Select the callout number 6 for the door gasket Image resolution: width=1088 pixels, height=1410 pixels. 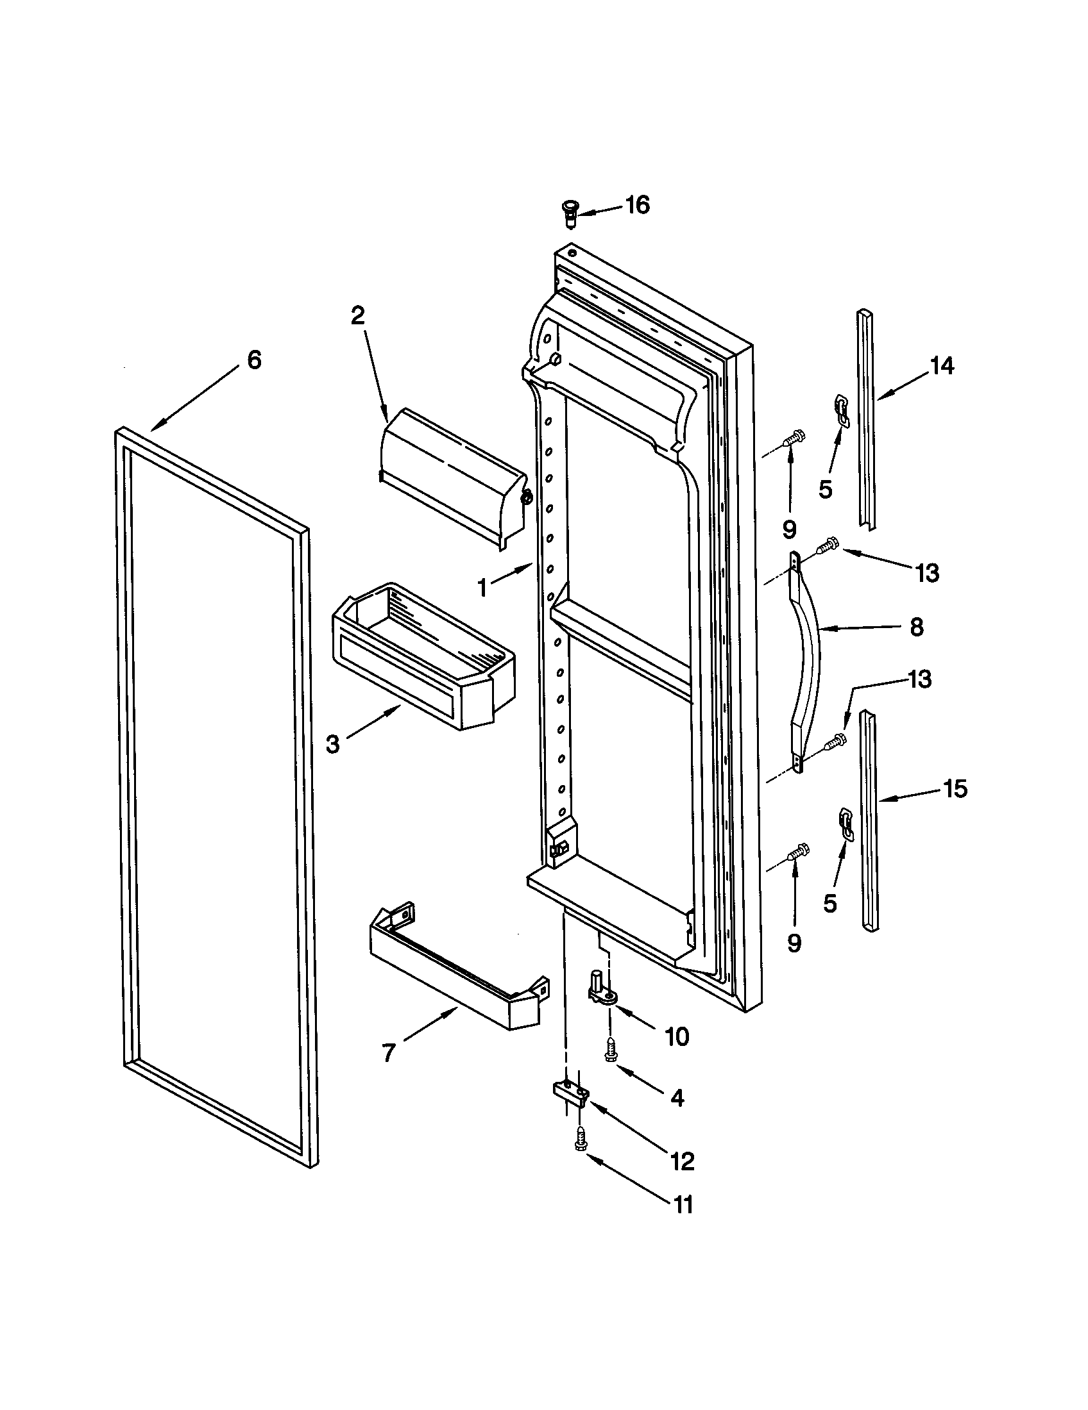[x=255, y=360]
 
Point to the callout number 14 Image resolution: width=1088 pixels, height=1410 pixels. [x=941, y=366]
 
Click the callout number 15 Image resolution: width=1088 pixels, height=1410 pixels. [x=956, y=788]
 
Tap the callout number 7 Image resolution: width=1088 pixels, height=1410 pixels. [x=388, y=1054]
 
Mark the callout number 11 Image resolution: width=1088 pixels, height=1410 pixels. [x=684, y=1205]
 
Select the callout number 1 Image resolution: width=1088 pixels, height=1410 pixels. [x=482, y=588]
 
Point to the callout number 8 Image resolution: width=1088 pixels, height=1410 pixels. [x=916, y=627]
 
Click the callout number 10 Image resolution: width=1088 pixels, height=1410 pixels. [x=676, y=1038]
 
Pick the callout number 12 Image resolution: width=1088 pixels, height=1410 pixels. [x=683, y=1161]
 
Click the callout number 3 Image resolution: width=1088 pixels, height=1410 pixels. [x=332, y=744]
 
